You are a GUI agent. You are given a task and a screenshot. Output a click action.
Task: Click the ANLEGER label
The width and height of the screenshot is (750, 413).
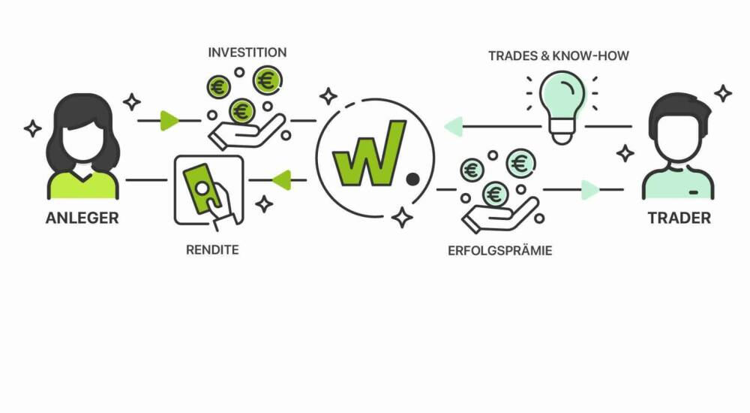[82, 219]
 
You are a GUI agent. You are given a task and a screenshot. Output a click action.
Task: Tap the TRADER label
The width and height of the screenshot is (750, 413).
[679, 219]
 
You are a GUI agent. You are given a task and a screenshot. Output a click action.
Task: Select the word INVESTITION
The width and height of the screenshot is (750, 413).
[247, 53]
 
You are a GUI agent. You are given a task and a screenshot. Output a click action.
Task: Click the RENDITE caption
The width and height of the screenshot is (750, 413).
[212, 249]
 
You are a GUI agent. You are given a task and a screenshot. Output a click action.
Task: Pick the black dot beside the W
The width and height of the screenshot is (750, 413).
[412, 179]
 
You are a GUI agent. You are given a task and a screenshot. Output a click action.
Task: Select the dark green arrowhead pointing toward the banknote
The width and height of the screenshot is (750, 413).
[280, 180]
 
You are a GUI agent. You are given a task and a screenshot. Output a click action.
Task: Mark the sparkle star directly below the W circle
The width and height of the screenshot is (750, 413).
[402, 218]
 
